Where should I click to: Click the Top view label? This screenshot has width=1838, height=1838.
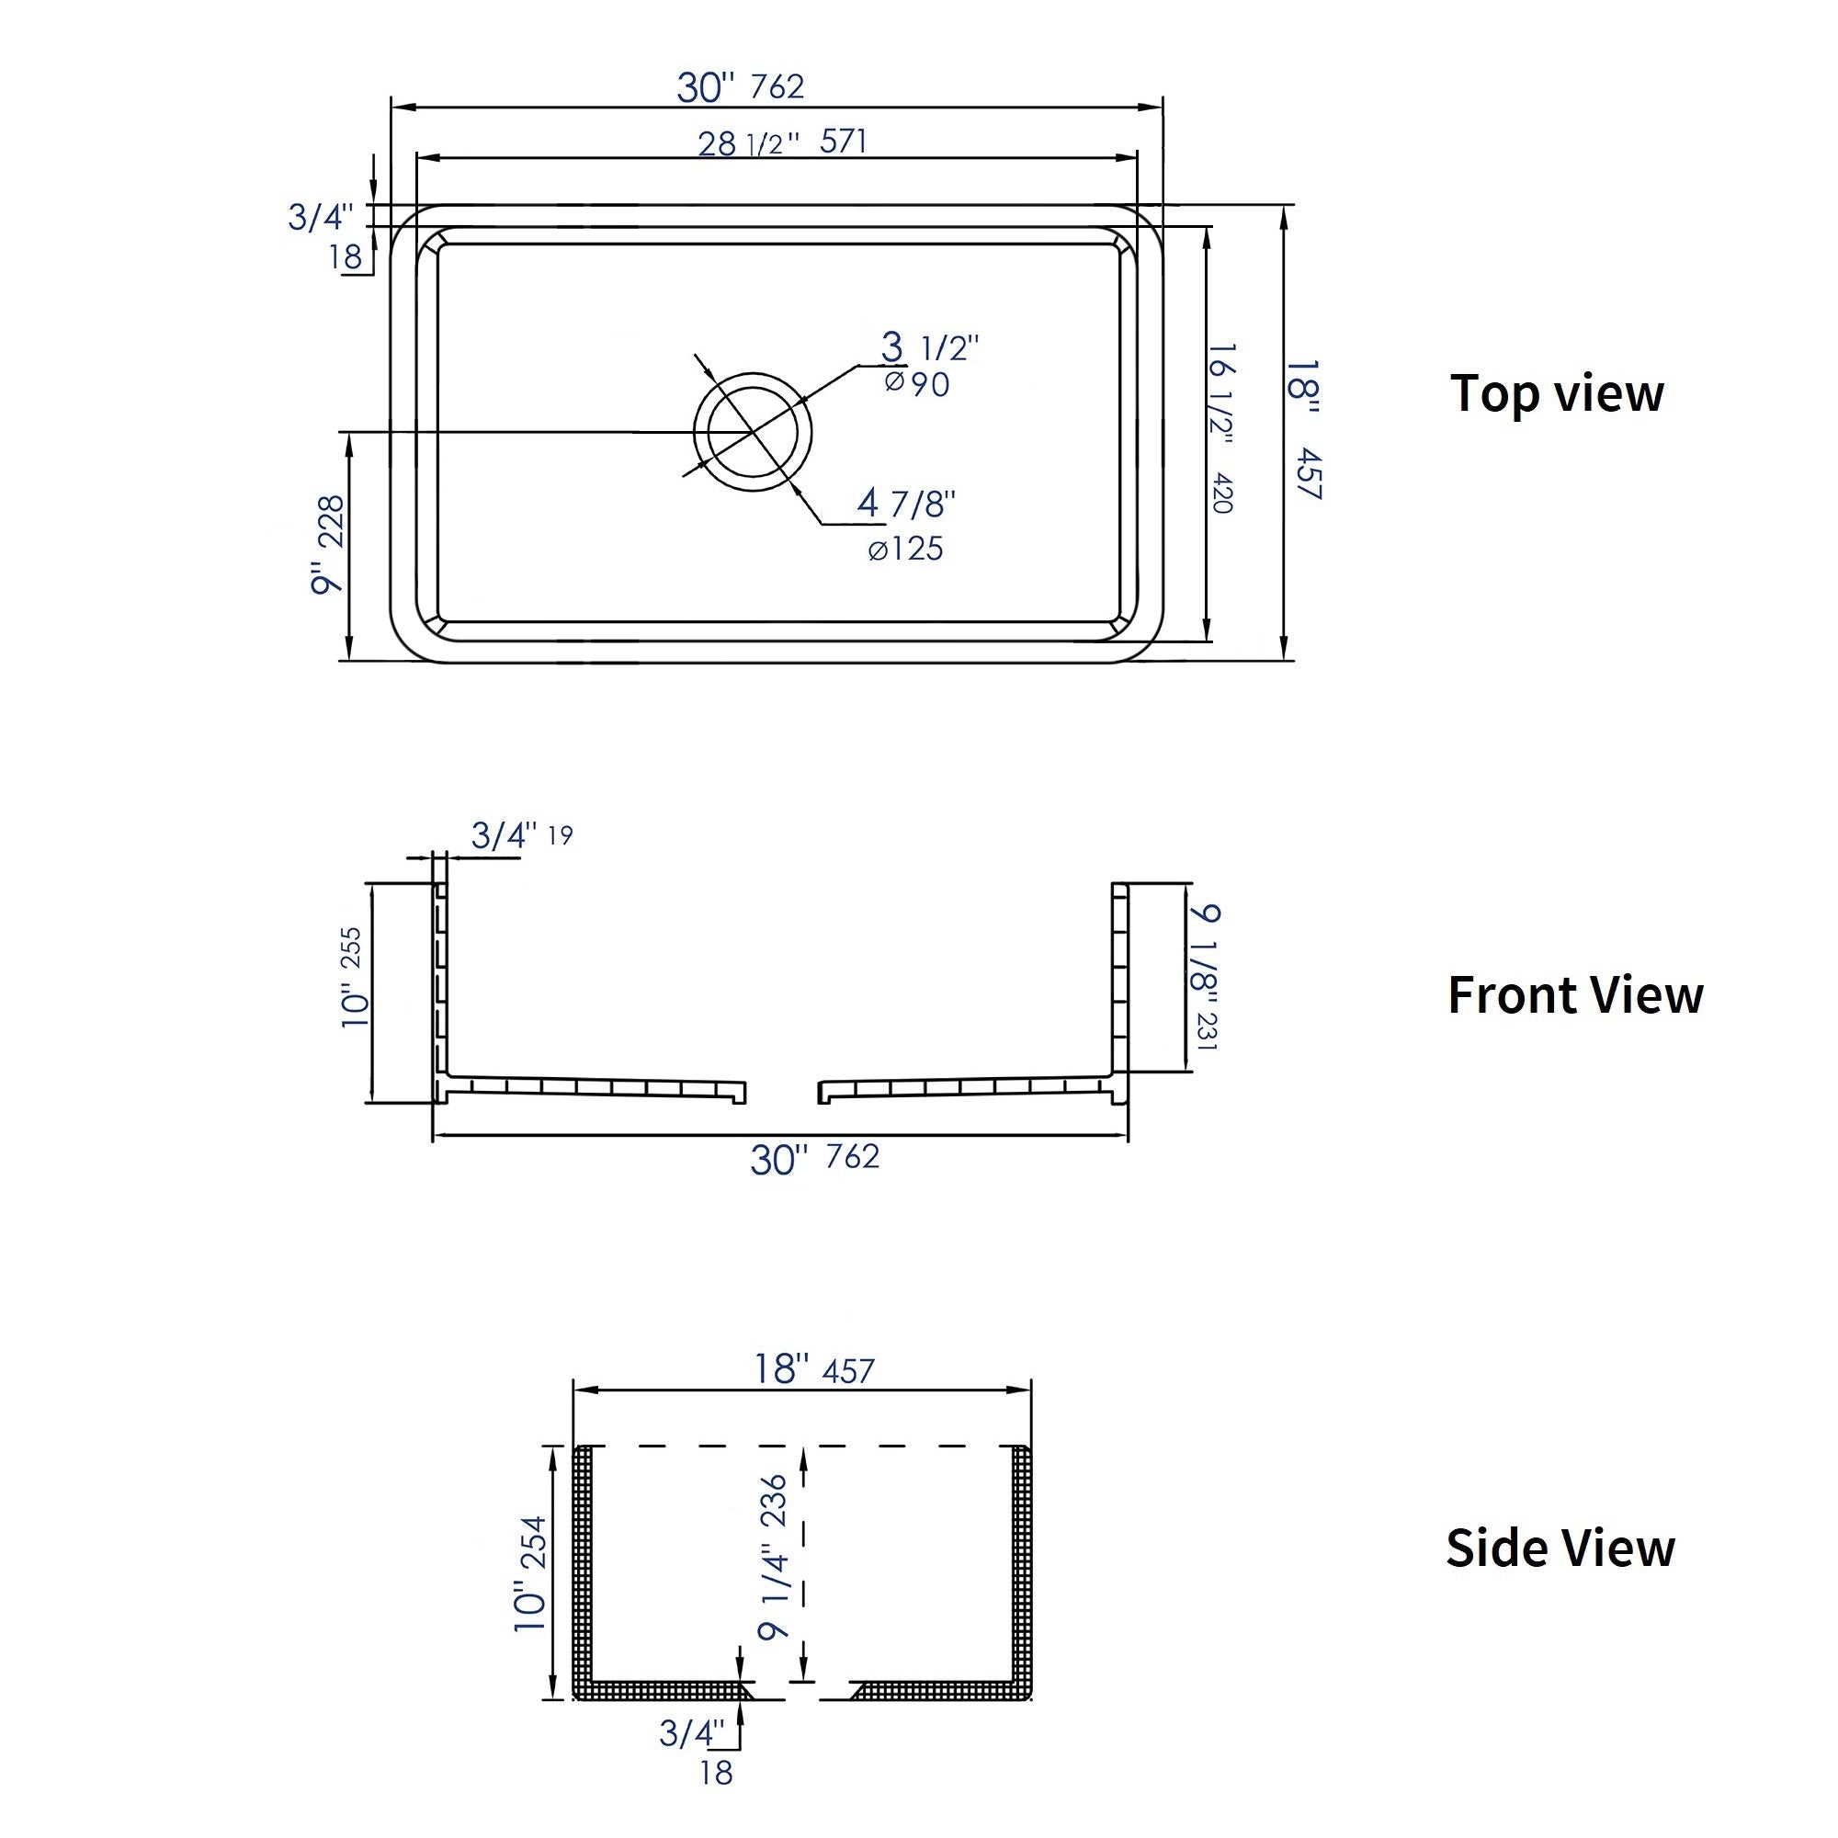click(x=1557, y=393)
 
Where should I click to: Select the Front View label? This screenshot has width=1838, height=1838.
click(x=1574, y=995)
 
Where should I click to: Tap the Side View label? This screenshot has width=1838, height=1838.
click(x=1560, y=1548)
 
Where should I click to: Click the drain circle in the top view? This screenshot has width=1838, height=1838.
click(x=753, y=432)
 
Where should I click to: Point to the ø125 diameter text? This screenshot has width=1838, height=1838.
click(x=906, y=550)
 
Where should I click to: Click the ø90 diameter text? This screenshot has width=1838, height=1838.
click(x=917, y=384)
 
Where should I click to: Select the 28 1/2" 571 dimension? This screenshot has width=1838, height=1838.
click(x=782, y=142)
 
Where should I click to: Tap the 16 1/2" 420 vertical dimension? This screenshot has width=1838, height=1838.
click(x=1220, y=428)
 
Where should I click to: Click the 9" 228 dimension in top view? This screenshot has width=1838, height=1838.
click(x=328, y=544)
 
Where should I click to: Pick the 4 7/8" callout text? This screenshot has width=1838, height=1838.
click(x=906, y=504)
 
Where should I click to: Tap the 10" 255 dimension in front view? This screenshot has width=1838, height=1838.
click(x=353, y=976)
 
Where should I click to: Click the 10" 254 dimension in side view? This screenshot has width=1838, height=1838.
click(x=531, y=1573)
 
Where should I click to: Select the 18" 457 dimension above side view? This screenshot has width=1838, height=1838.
click(x=813, y=1370)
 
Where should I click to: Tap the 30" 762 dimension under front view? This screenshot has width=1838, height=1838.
click(x=814, y=1158)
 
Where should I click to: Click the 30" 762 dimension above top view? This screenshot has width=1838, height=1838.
click(x=740, y=87)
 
